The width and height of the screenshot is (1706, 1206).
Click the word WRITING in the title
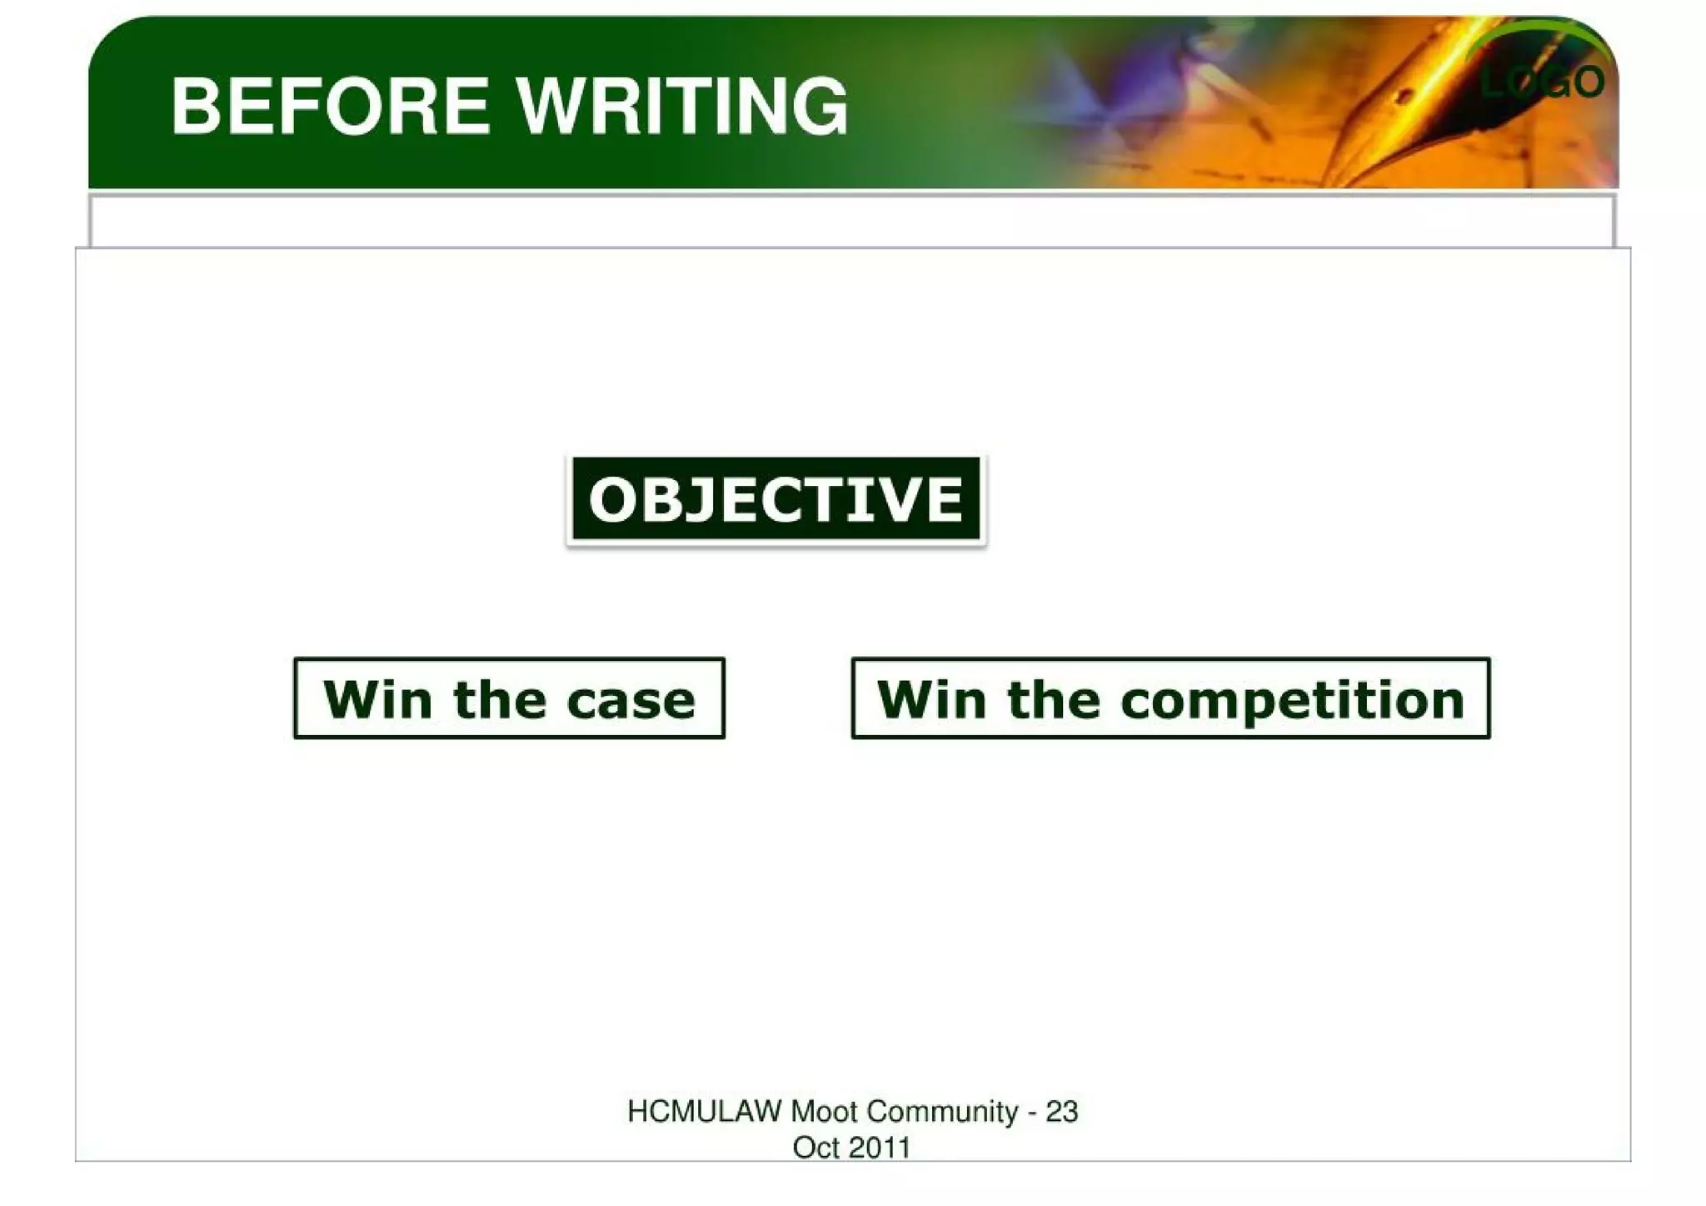coord(681,106)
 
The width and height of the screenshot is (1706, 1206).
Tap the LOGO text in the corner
coord(1542,82)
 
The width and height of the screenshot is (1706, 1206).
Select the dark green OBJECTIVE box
coord(776,500)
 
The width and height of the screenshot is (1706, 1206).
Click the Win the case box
coord(509,698)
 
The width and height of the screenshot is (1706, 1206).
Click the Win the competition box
coord(1170,698)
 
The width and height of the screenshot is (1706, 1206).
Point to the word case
coord(631,700)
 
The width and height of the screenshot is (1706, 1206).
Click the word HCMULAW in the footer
coord(704,1112)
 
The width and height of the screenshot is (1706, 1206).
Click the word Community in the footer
coord(942,1112)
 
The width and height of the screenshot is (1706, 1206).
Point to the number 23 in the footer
coord(1061,1112)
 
